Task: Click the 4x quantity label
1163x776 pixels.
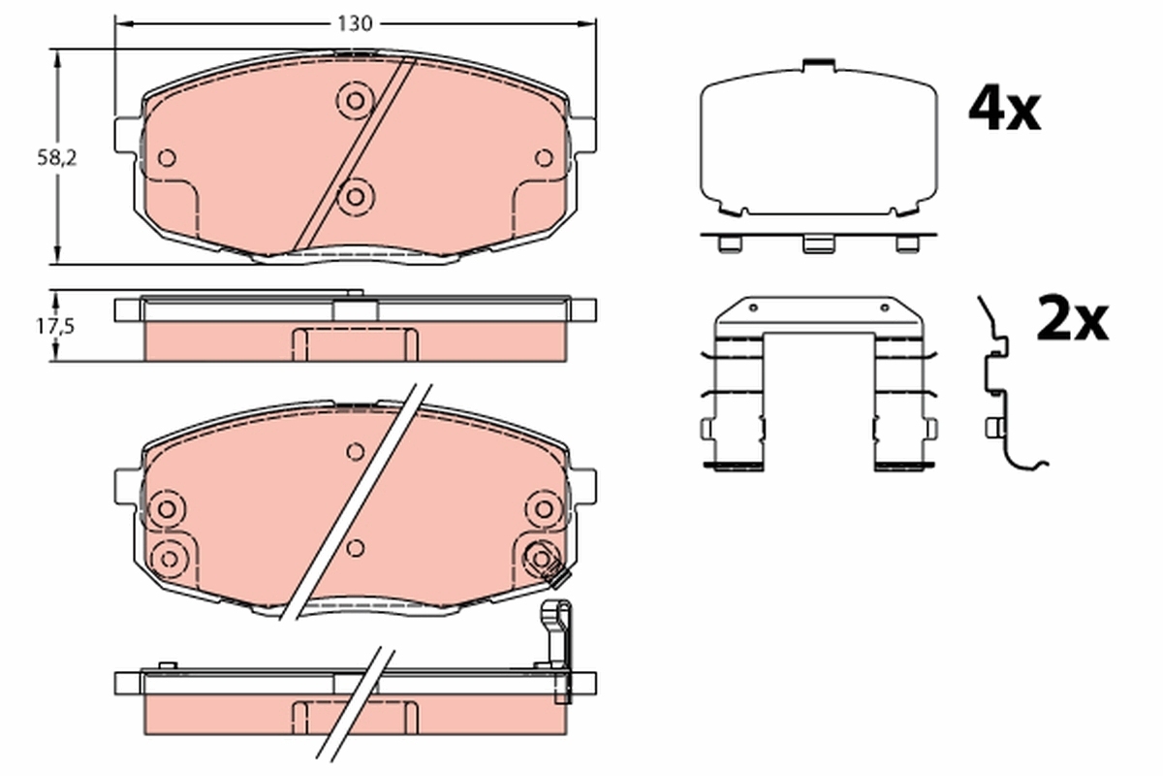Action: (x=1004, y=111)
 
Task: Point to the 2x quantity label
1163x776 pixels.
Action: (x=1071, y=321)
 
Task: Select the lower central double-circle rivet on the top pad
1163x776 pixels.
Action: (x=356, y=197)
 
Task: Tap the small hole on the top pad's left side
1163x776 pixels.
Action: (x=167, y=158)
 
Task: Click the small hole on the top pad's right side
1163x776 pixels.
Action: (x=544, y=157)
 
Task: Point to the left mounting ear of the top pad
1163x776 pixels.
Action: (x=127, y=134)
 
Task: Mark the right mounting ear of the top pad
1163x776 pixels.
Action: (x=584, y=134)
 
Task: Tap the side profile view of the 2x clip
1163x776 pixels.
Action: (x=1000, y=388)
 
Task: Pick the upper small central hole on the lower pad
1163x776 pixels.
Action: (x=356, y=451)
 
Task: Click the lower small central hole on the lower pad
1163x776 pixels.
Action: (x=356, y=549)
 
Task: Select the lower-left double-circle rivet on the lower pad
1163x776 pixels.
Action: (x=170, y=557)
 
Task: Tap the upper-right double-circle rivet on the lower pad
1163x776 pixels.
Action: (x=543, y=506)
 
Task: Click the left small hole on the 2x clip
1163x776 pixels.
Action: (x=752, y=307)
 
